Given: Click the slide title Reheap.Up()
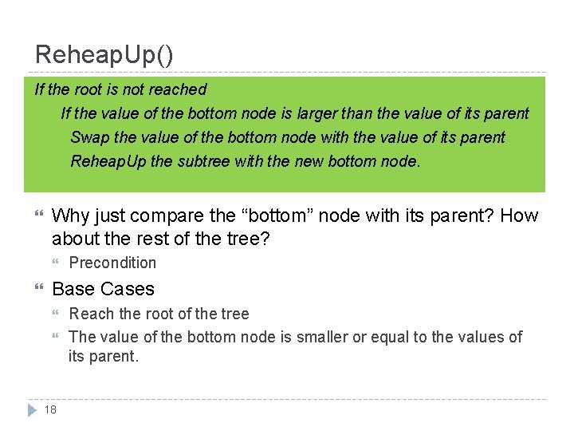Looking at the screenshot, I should (x=104, y=54).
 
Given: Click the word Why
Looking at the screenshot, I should (x=69, y=215).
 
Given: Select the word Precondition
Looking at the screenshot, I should (x=112, y=263).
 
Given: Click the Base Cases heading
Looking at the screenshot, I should (x=103, y=289).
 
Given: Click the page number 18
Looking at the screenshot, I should (x=50, y=409).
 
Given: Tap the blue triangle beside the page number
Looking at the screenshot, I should (x=32, y=409).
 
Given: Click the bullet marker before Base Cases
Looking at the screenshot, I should (x=38, y=289).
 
